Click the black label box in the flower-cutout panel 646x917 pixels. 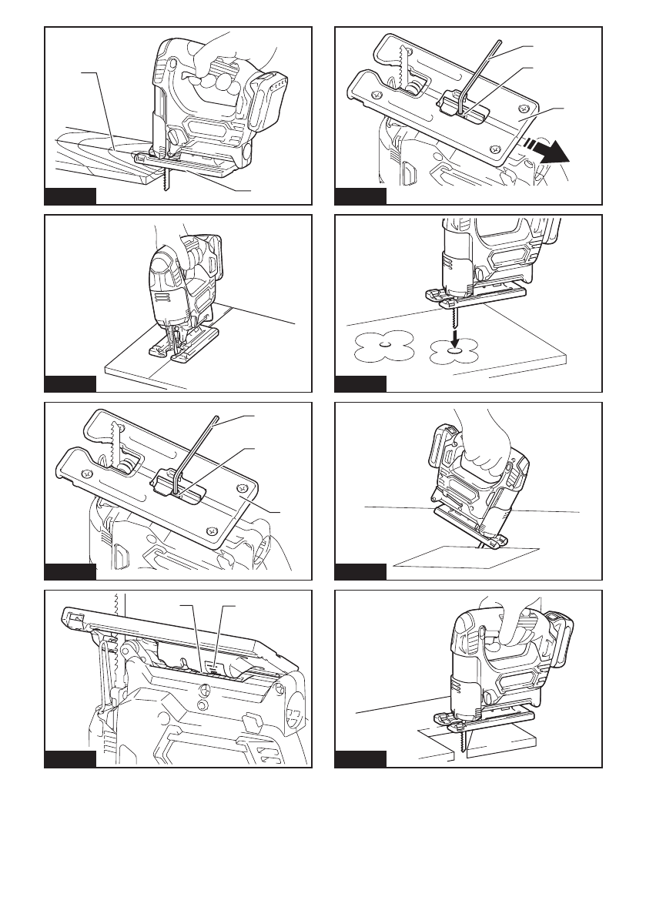pyautogui.click(x=360, y=383)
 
